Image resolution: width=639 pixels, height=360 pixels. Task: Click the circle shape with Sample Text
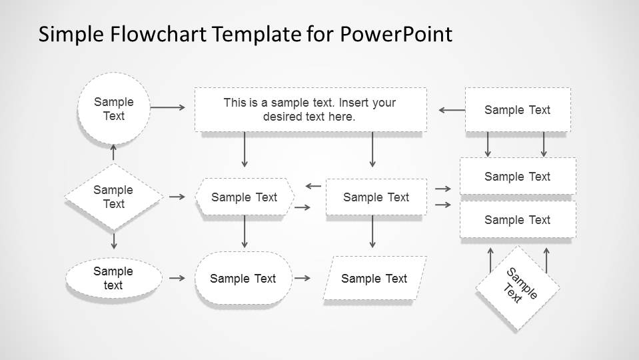(114, 109)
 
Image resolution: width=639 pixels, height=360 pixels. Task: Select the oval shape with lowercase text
(114, 278)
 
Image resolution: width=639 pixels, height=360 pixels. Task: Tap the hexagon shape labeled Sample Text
(245, 197)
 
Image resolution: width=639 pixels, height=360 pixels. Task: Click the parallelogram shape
(375, 279)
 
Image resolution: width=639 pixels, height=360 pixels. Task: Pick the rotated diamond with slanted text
(518, 288)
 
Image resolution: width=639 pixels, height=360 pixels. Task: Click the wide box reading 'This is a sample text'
(311, 109)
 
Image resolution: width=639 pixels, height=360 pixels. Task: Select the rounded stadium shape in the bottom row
(243, 278)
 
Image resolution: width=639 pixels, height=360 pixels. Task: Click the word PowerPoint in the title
(396, 34)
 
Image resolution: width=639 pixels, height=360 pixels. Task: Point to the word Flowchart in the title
(158, 34)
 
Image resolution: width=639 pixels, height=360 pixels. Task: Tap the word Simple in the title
(71, 35)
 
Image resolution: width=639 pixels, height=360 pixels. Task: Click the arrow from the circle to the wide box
(167, 107)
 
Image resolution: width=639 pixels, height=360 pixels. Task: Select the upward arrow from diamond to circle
(114, 152)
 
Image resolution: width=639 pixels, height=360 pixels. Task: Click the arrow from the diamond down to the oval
(114, 241)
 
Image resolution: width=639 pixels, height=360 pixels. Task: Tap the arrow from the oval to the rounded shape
(177, 278)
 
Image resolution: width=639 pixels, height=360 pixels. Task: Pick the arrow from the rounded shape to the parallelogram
(303, 278)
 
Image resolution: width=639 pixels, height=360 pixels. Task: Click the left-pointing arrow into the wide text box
(452, 110)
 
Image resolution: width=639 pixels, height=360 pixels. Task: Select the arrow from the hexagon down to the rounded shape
(245, 231)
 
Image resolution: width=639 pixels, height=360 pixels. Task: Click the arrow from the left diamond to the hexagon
(177, 197)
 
